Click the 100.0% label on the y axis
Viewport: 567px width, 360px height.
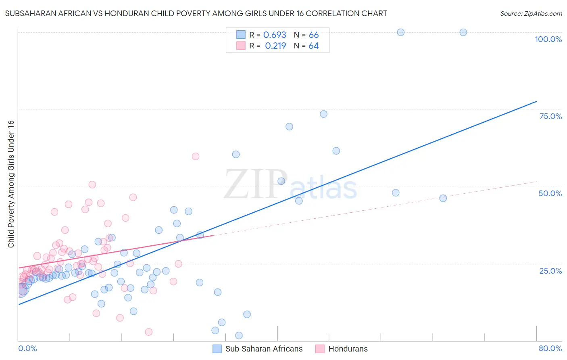click(548, 39)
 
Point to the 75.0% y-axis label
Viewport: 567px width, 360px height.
click(550, 116)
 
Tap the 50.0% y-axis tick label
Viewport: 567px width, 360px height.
click(550, 193)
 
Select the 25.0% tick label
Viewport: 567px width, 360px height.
click(550, 270)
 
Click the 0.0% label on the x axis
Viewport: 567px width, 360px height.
click(27, 348)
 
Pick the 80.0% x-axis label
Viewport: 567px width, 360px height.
click(550, 348)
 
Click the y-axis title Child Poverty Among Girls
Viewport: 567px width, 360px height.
click(11, 184)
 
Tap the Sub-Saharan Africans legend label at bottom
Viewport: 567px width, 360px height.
click(264, 349)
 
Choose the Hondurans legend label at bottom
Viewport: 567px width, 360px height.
click(348, 349)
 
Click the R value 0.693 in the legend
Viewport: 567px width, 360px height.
click(275, 35)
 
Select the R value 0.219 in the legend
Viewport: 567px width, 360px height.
click(275, 46)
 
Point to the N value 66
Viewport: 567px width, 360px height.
click(314, 35)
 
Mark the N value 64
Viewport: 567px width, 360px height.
click(314, 46)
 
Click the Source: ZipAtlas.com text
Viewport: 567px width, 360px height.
click(531, 14)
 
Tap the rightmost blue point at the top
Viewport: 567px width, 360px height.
click(463, 32)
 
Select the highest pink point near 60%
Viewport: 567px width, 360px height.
click(196, 156)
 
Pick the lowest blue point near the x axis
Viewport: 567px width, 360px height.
click(239, 335)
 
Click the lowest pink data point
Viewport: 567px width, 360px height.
click(148, 332)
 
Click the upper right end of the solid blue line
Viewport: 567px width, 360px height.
click(536, 101)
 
